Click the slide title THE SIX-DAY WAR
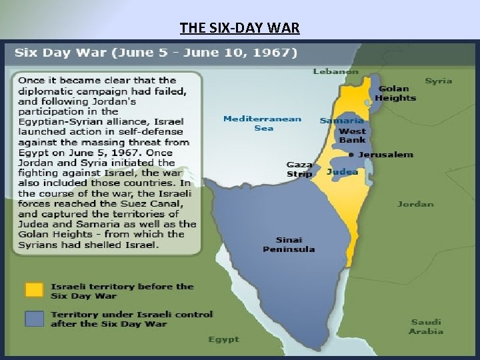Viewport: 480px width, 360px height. (x=239, y=28)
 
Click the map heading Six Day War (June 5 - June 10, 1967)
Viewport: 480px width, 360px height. (x=156, y=52)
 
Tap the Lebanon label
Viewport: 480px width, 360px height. (x=335, y=71)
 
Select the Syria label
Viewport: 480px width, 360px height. (x=438, y=81)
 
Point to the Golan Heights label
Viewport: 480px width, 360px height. (x=395, y=93)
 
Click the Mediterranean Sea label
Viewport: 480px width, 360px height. (x=262, y=123)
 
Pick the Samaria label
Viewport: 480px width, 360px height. (x=342, y=121)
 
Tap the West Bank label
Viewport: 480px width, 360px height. (x=352, y=136)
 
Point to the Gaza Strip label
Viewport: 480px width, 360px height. (x=299, y=169)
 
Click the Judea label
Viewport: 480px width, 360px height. (x=342, y=171)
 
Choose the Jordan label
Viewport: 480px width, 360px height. (x=415, y=204)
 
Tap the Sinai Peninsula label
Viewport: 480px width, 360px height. (x=289, y=244)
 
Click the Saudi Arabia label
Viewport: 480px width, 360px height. (x=425, y=327)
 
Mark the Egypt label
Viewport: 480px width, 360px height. (x=223, y=339)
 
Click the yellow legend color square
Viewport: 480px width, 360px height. (x=35, y=291)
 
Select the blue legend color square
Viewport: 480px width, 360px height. (x=35, y=319)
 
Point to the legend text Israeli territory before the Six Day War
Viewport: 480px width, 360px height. (x=121, y=291)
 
